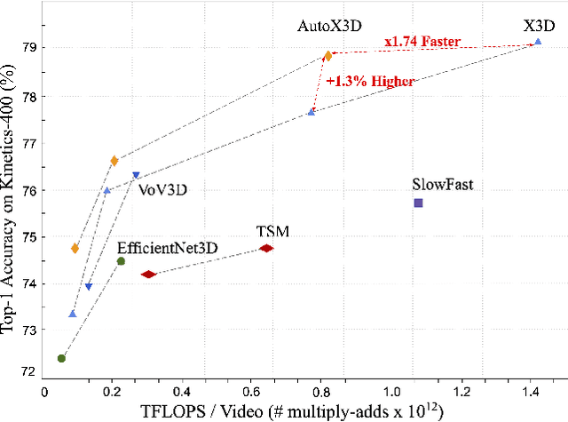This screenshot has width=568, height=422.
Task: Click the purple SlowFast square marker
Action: pos(418,203)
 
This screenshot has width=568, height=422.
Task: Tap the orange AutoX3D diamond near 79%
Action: pos(327,55)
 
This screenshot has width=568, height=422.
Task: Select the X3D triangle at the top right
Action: pos(537,42)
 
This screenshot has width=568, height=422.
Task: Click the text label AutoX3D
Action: pos(327,28)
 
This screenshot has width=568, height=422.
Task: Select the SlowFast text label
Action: pos(442,185)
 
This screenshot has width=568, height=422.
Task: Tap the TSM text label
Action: pos(273,231)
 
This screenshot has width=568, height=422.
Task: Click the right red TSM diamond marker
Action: pos(265,249)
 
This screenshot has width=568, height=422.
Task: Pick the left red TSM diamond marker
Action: pos(148,275)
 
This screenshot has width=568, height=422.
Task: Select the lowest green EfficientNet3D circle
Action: pos(61,358)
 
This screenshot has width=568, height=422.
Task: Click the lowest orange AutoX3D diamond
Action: pos(75,249)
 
